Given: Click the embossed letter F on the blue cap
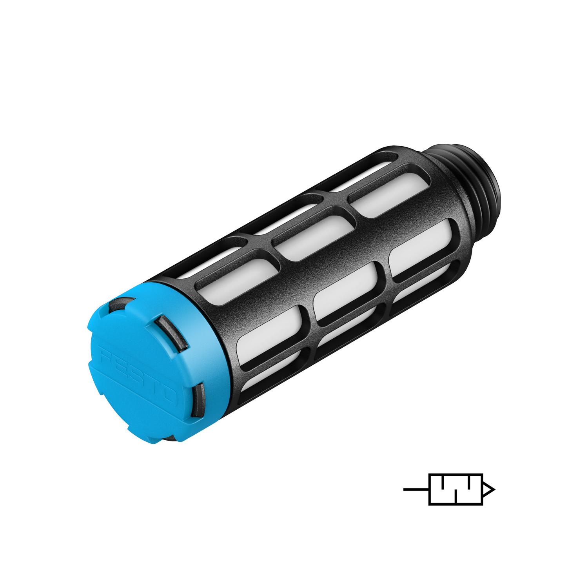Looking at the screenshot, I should coord(106,357).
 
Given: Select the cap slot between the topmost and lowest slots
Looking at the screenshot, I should coord(171,332).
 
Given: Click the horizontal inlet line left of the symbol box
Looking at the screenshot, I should coord(416,489).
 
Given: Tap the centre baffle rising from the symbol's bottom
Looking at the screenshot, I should coord(456,496).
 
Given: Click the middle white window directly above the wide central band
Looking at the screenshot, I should coord(314,238).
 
